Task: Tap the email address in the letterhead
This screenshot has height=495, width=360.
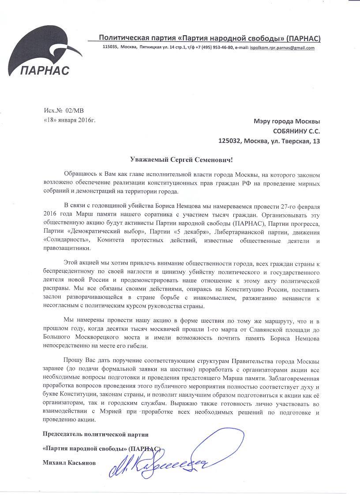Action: click(x=282, y=48)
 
